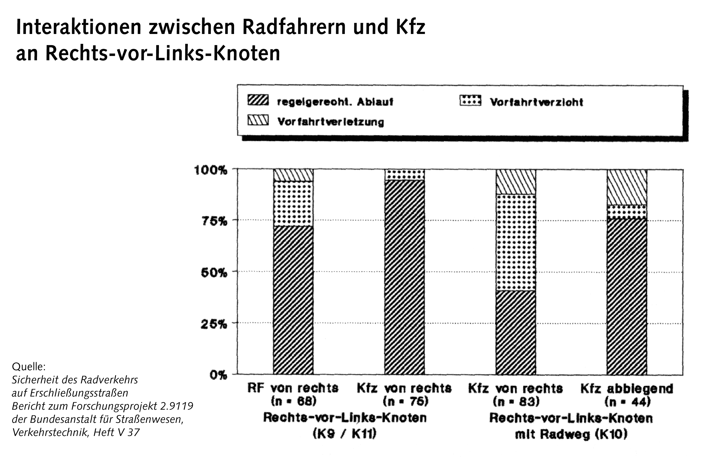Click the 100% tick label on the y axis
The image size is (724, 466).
pos(210,170)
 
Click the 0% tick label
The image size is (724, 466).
pos(218,375)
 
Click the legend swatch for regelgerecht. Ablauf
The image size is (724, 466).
pos(258,100)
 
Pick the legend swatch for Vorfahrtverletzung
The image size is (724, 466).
pos(258,120)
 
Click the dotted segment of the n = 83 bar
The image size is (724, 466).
pos(516,242)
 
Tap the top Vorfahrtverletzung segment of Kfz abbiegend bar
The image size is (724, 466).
pos(627,187)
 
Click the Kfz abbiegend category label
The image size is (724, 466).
pos(627,389)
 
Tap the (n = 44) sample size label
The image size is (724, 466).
pos(627,402)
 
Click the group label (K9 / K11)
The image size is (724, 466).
pos(344,434)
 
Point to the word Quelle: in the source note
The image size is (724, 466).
pos(29,367)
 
